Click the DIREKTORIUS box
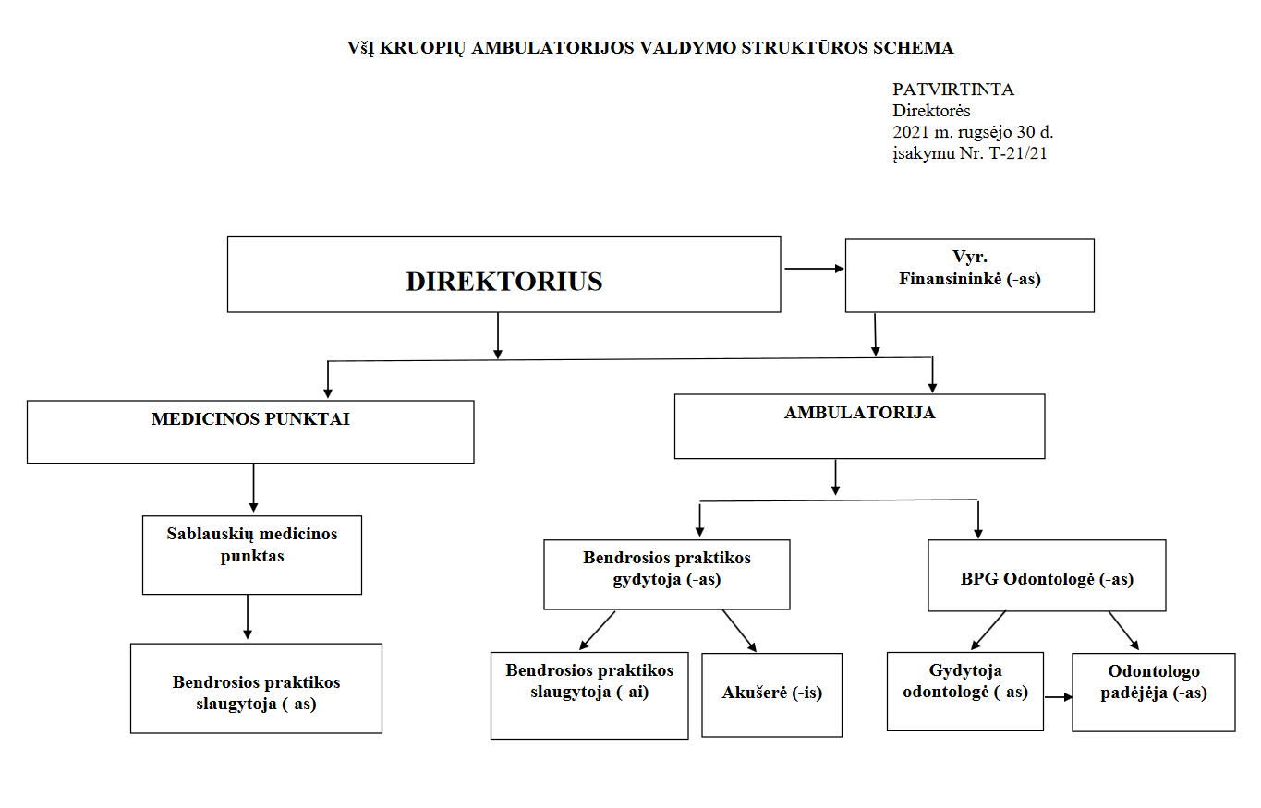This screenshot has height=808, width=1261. point(503,274)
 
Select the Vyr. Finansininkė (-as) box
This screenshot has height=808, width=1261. point(969,276)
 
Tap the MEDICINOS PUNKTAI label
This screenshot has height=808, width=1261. point(250,419)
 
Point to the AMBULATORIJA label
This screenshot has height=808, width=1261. point(860,413)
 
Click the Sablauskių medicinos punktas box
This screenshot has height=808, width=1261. point(251,555)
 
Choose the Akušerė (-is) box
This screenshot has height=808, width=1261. point(771,695)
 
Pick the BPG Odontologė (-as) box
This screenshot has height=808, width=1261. point(1047,575)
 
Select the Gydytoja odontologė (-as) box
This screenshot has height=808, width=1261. point(964,692)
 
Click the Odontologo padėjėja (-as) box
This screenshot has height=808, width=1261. point(1154,692)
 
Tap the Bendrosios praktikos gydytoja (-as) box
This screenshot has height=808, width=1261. point(667,574)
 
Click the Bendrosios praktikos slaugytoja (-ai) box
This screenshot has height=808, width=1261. point(589,695)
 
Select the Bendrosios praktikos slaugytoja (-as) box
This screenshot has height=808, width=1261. point(256,688)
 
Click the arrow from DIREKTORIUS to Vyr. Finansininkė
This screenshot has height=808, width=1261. point(814,269)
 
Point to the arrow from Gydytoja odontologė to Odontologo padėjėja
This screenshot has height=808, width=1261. point(1059,697)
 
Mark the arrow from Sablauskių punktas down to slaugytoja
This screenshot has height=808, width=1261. point(248,617)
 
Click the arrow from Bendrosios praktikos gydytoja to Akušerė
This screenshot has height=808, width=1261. point(739,631)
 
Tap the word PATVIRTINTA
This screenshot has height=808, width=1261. point(953,90)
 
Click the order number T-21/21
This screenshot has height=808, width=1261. point(1018,153)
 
